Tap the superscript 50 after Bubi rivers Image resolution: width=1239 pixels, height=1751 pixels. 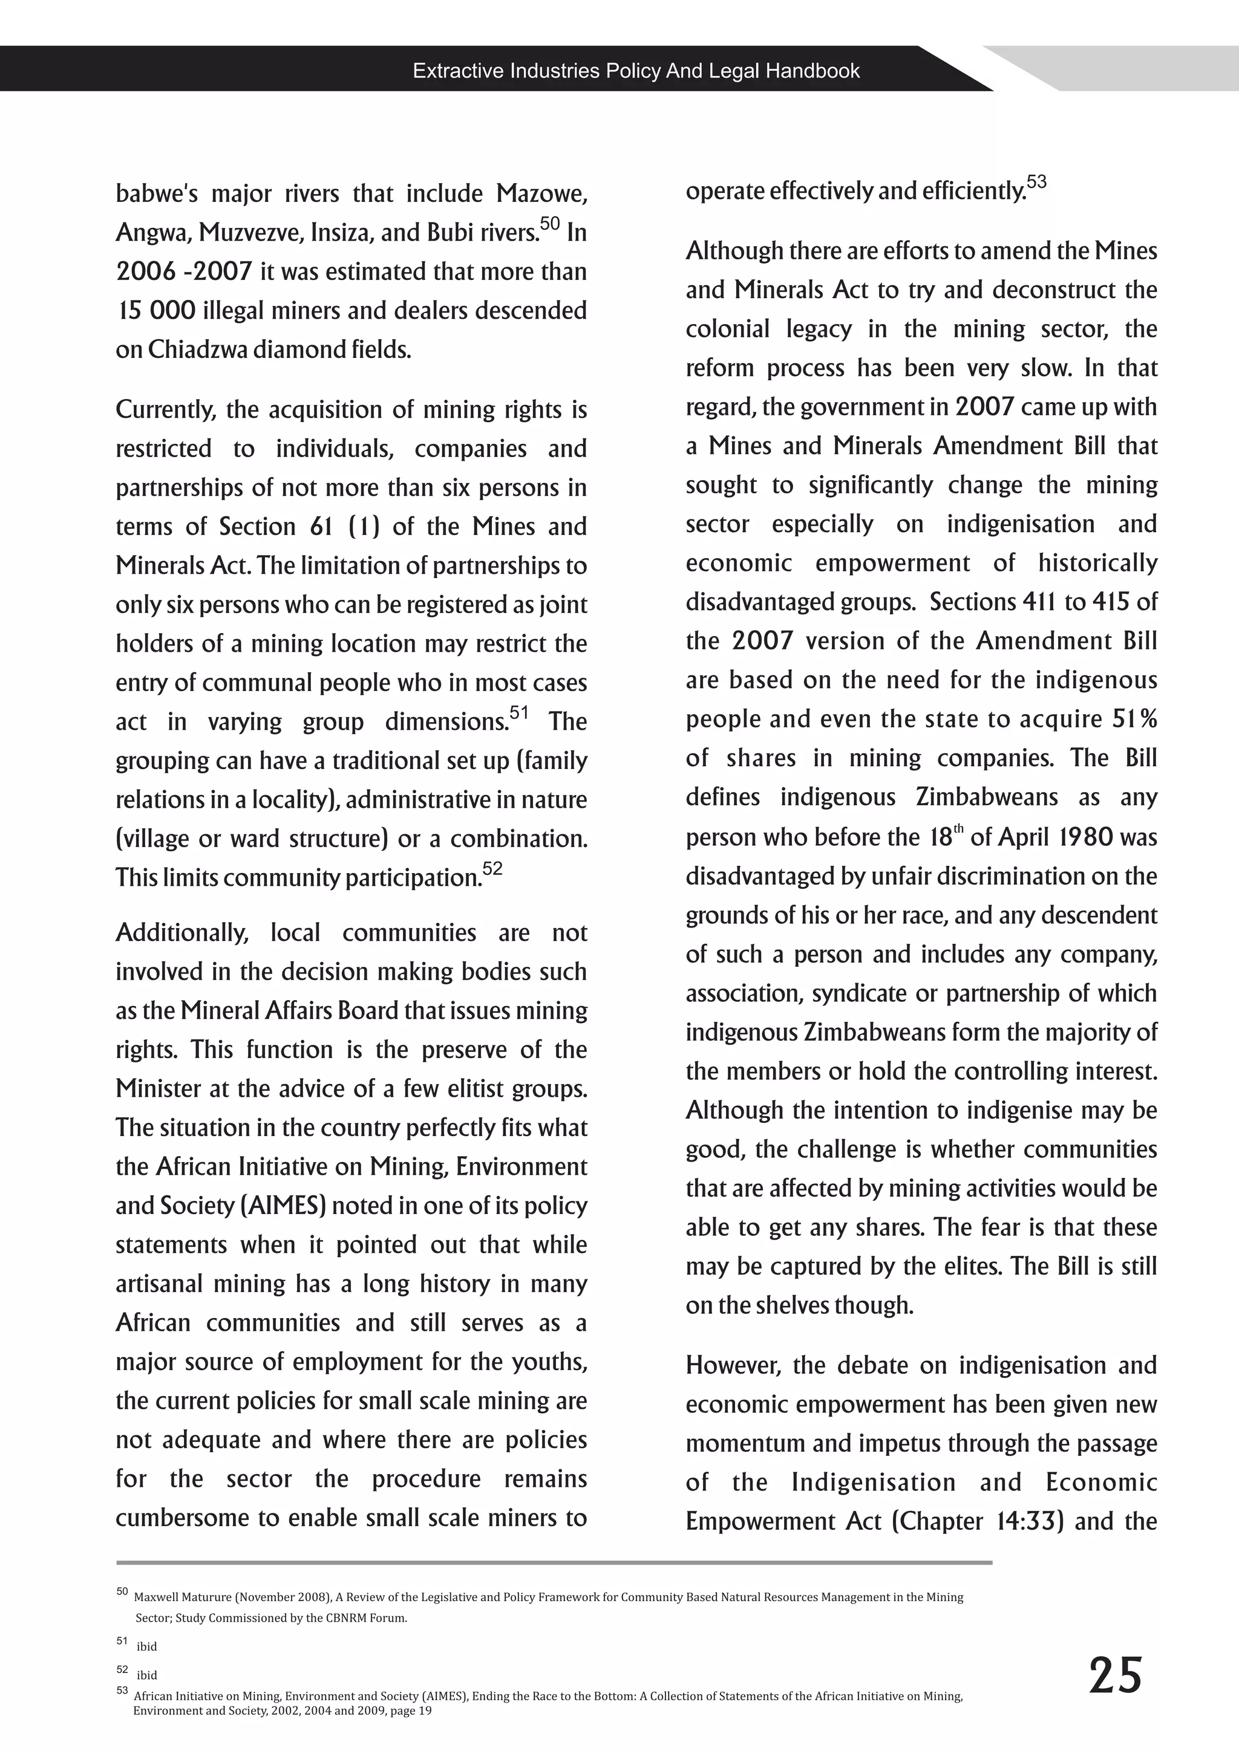(549, 224)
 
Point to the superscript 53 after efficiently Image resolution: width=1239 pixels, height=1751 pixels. (1036, 181)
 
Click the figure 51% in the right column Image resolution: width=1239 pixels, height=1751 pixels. (1134, 718)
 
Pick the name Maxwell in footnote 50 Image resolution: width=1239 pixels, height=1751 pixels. (157, 1597)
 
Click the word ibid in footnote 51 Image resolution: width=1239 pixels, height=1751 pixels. (146, 1646)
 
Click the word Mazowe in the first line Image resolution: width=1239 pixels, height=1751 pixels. (541, 193)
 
